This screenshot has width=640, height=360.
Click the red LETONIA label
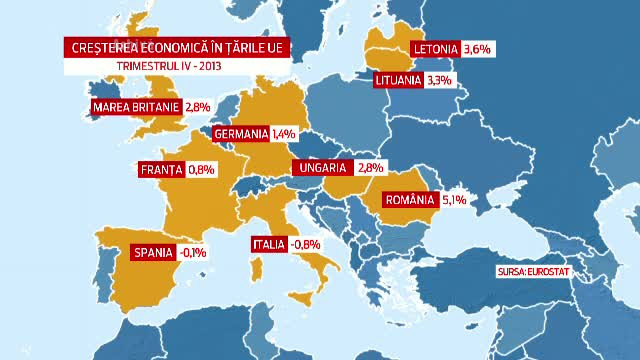pyautogui.click(x=436, y=47)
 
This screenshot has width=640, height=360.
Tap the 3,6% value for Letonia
pyautogui.click(x=480, y=47)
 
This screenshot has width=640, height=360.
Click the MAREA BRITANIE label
pyautogui.click(x=135, y=107)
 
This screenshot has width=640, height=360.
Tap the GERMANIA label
pyautogui.click(x=240, y=133)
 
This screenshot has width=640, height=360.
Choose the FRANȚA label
pyautogui.click(x=160, y=170)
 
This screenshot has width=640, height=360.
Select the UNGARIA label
pyautogui.click(x=321, y=168)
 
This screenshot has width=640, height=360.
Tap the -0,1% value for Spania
pyautogui.click(x=192, y=253)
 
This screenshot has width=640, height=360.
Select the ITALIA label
pyautogui.click(x=269, y=244)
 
